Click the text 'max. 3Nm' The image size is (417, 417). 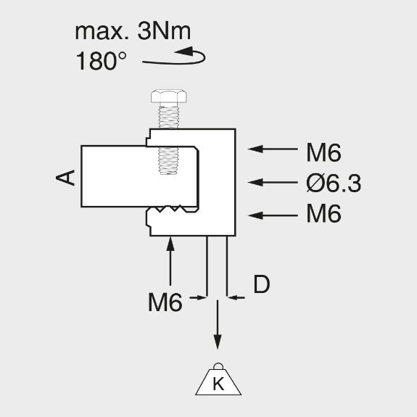(133, 31)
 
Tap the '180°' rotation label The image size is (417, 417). (101, 61)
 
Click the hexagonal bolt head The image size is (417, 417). (168, 96)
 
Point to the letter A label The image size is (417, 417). (65, 178)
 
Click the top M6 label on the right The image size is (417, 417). (323, 152)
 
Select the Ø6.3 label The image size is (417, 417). (334, 183)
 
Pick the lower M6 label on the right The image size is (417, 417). (323, 213)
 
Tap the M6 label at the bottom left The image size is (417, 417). (165, 302)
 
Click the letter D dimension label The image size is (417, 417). (262, 284)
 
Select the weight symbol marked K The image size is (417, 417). (218, 379)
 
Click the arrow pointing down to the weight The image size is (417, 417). (218, 324)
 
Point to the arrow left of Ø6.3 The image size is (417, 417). (273, 183)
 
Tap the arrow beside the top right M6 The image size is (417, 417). (273, 149)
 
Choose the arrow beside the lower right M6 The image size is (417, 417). (273, 215)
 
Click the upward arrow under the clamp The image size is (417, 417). (170, 261)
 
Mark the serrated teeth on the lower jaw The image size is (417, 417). (172, 209)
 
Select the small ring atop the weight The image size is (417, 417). (218, 366)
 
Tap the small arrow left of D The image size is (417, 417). (199, 297)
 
